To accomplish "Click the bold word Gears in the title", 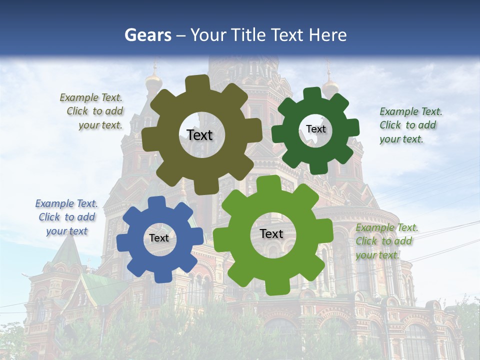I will [x=147, y=35].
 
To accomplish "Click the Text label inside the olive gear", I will [x=199, y=135].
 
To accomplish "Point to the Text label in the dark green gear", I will [x=315, y=129].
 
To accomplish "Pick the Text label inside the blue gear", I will [x=159, y=238].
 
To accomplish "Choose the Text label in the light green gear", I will [x=271, y=233].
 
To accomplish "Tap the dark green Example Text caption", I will [x=410, y=125].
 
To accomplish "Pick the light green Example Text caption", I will [x=386, y=241].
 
